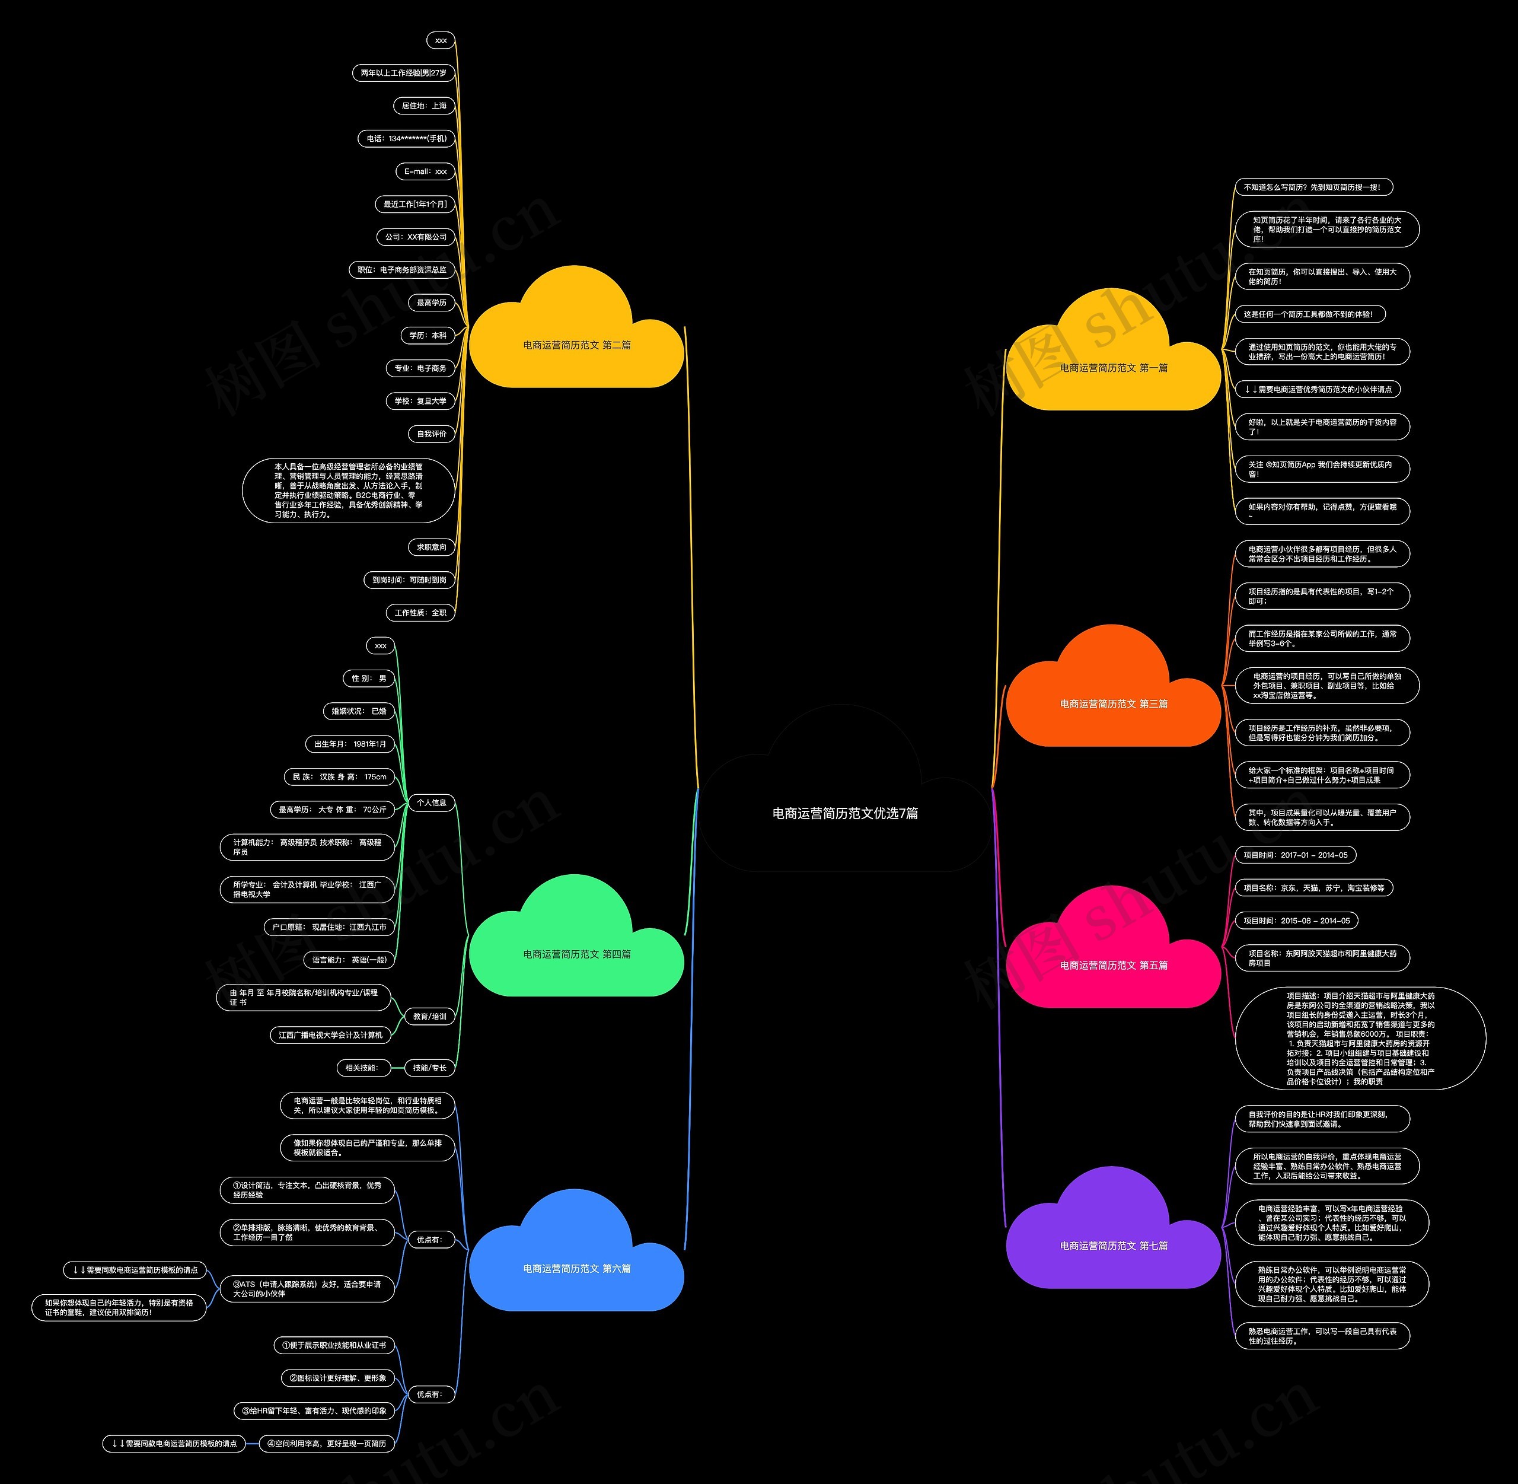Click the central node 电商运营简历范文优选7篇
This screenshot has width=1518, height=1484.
pos(845,813)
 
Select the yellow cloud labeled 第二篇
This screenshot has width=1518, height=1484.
pos(576,345)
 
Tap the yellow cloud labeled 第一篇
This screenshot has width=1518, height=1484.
pos(1114,367)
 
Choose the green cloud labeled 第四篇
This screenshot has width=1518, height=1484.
pos(576,953)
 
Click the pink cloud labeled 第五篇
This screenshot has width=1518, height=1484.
pos(1114,965)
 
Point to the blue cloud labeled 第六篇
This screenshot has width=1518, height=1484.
pos(576,1268)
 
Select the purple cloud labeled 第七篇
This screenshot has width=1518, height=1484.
pos(1114,1246)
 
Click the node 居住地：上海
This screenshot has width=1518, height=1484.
pos(424,106)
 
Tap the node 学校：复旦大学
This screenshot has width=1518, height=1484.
pos(420,400)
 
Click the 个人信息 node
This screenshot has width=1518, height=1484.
pos(431,802)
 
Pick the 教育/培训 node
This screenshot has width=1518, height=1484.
pos(429,1017)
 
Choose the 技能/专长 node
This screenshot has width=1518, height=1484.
pos(429,1068)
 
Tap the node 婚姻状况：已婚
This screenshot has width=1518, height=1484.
pos(359,711)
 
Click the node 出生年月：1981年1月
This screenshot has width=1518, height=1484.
pos(350,744)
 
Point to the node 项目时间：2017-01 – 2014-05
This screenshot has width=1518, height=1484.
pos(1295,855)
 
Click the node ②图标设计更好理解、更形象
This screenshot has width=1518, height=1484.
pos(337,1378)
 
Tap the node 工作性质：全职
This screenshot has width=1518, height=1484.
pos(420,613)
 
